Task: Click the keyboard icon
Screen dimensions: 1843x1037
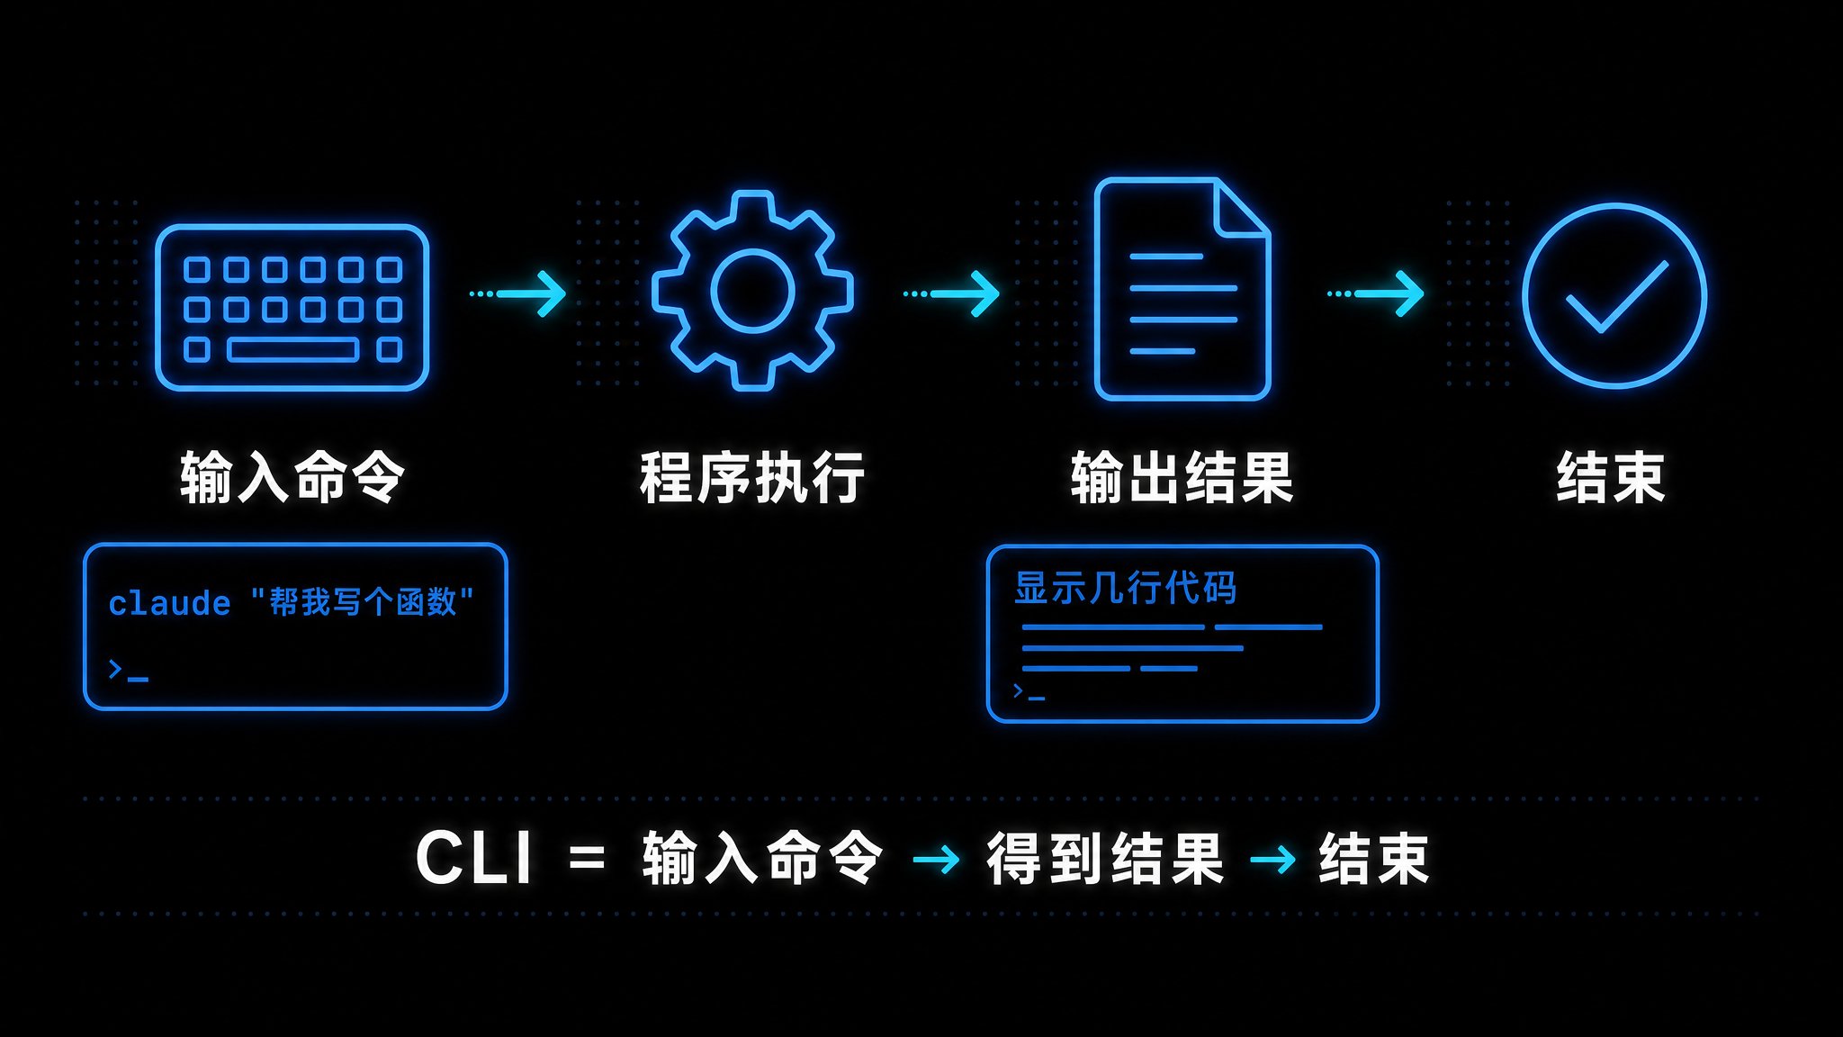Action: [292, 308]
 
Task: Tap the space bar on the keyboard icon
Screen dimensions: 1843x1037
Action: [292, 349]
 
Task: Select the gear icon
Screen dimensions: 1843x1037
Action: [752, 291]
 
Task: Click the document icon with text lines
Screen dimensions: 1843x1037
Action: [1182, 289]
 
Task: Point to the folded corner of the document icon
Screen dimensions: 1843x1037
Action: [1240, 208]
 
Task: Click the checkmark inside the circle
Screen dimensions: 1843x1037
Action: [1617, 296]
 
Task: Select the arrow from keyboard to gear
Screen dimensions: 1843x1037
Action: [518, 293]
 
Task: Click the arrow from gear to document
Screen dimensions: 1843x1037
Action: [951, 293]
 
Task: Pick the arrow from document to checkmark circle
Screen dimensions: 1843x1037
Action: [1376, 293]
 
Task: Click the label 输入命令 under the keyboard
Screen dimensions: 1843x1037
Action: [292, 477]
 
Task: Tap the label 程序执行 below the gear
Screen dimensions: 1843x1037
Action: [752, 477]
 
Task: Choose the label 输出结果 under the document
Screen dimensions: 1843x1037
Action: [1182, 477]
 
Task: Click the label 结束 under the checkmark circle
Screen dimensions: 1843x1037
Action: [1611, 477]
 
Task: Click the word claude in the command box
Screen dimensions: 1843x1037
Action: [169, 603]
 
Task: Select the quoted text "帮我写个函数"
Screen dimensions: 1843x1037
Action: [362, 601]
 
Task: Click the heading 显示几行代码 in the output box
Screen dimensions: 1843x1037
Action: [1126, 588]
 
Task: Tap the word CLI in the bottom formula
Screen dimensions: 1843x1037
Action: [474, 857]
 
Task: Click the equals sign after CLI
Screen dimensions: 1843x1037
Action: [587, 858]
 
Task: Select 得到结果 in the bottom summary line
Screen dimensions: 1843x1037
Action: [1106, 858]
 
